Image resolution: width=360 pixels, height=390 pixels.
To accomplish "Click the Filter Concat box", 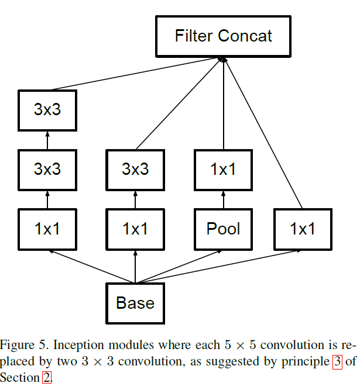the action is [x=224, y=36].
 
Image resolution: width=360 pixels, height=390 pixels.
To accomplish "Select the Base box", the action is [x=135, y=303].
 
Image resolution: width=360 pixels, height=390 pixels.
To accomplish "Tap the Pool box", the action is [x=224, y=229].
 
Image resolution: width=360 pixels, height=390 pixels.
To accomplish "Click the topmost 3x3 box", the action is [x=47, y=110].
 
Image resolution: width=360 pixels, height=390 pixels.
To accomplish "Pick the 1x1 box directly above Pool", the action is [x=224, y=170].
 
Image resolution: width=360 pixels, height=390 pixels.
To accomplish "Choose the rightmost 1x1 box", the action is [x=303, y=229].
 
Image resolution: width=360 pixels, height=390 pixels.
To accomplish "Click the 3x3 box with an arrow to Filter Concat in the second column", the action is [x=135, y=170].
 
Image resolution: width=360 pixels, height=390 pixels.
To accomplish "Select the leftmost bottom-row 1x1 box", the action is [x=47, y=229].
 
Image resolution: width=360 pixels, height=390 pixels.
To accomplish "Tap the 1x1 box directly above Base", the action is [x=135, y=229].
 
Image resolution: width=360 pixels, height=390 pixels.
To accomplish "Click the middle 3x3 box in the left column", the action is [x=47, y=170].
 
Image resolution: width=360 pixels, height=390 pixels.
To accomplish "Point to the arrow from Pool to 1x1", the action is [x=224, y=200].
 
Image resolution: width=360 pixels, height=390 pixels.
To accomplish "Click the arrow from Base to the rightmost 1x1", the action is [x=219, y=267].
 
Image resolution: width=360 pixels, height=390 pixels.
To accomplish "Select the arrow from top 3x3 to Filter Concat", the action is [x=136, y=74].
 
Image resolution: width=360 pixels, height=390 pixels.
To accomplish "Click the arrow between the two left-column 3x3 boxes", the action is [x=47, y=140].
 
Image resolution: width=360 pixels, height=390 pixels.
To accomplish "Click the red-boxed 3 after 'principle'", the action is [x=337, y=361].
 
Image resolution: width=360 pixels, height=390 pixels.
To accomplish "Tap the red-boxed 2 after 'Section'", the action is [x=47, y=378].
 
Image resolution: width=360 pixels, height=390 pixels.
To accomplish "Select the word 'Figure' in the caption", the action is [x=17, y=345].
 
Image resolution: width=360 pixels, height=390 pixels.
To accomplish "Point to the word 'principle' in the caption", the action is [x=306, y=362].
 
